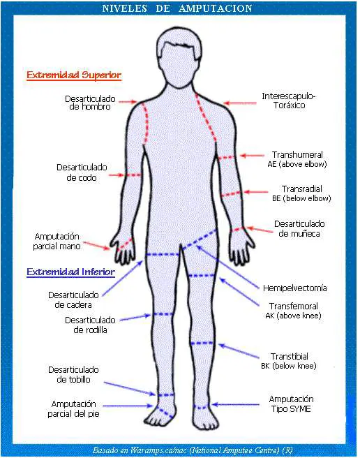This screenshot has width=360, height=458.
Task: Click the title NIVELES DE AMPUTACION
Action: [177, 8]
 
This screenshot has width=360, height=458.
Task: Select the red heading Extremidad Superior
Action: [74, 75]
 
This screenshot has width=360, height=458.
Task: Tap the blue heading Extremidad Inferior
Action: [70, 272]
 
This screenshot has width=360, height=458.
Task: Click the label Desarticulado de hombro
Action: [90, 103]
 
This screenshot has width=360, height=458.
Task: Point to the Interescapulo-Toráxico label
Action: [289, 101]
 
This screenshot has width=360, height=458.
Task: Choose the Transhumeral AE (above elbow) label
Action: [297, 159]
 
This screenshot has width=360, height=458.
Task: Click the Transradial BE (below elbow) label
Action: [301, 193]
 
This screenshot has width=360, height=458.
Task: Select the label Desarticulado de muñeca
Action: [299, 228]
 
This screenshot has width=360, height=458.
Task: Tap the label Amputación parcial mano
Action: [57, 241]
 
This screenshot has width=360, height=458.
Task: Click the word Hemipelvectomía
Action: [294, 288]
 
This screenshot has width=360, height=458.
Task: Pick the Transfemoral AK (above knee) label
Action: [293, 311]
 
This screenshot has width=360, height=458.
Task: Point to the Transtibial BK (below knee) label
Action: [289, 361]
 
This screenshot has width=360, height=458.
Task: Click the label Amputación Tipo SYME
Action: [291, 404]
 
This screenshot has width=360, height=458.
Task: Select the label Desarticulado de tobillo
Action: [73, 374]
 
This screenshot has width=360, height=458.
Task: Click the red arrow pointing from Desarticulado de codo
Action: [117, 175]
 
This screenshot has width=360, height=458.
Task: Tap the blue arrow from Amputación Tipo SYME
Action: [235, 404]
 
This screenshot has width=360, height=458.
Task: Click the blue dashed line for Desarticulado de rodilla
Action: [163, 314]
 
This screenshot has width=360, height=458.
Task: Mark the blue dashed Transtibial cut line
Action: [202, 343]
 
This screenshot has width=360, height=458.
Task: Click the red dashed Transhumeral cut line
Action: [227, 158]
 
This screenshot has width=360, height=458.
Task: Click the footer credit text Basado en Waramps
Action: [193, 450]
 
